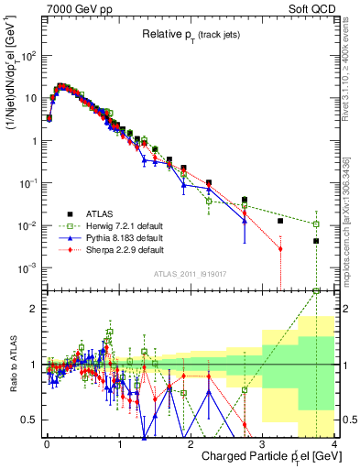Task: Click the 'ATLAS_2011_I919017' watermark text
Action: [x=190, y=273]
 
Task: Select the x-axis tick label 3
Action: [x=262, y=444]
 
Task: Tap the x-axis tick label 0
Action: [x=47, y=444]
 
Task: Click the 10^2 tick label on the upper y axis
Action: [x=29, y=56]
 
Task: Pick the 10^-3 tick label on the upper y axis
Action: [x=29, y=268]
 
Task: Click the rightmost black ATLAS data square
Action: [x=316, y=241]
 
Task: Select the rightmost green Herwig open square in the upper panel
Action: [x=316, y=224]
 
